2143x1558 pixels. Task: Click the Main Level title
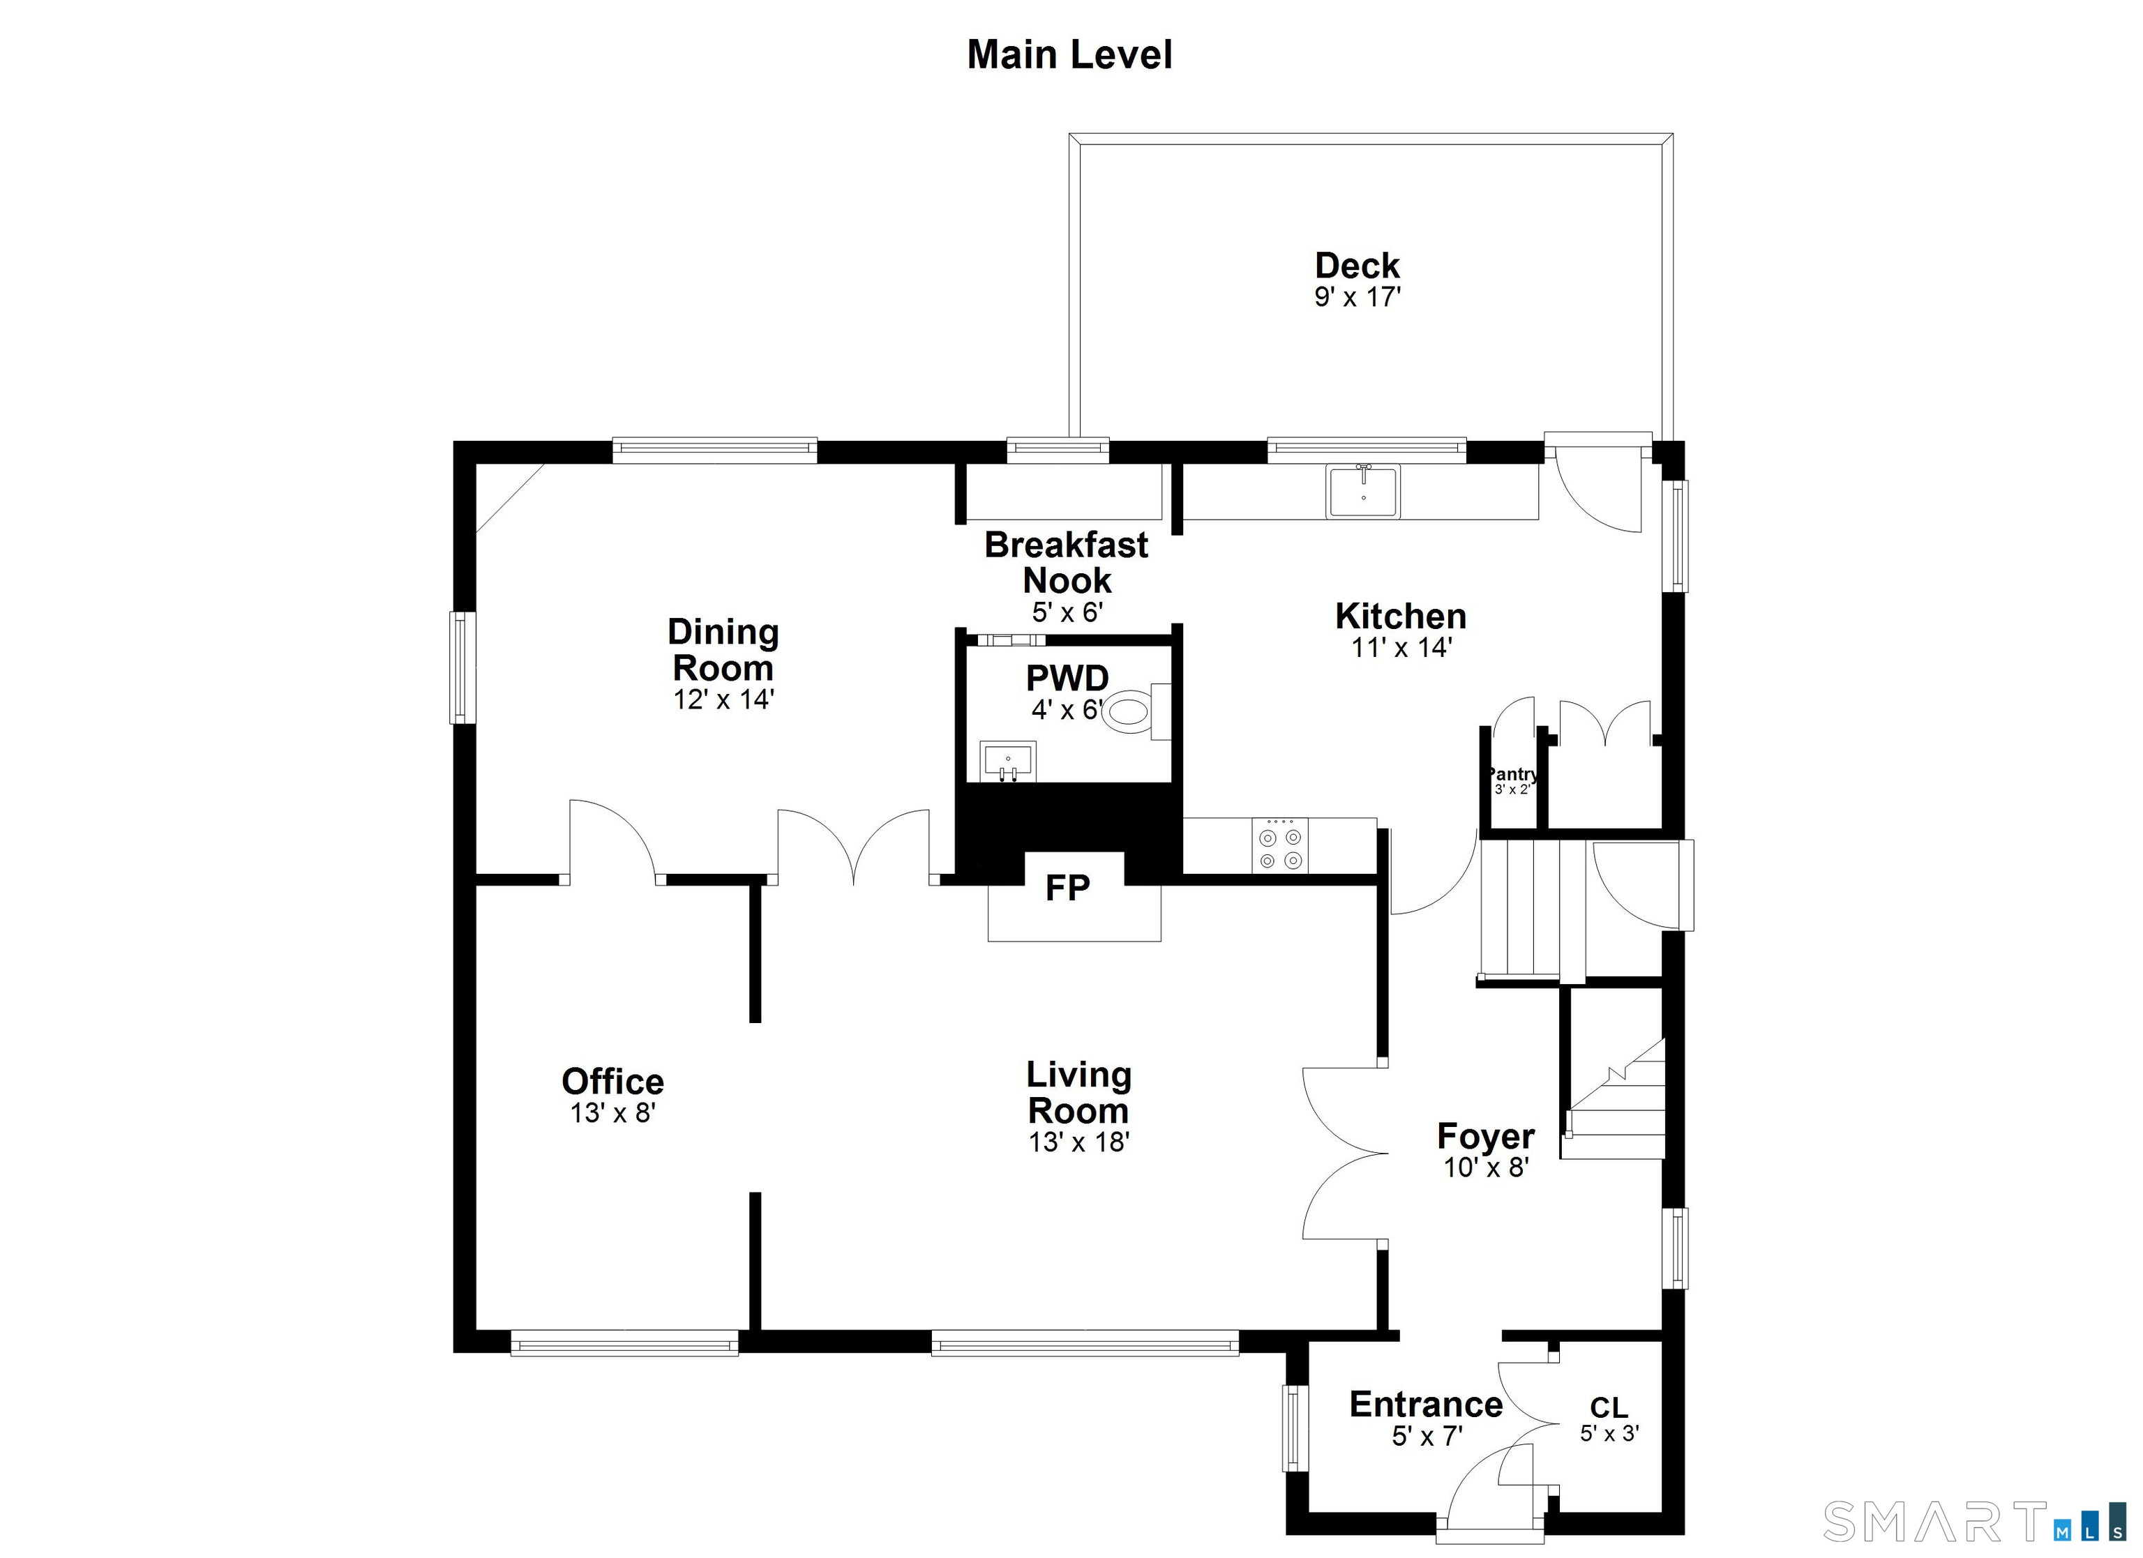click(1069, 55)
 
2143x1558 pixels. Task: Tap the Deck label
click(1357, 266)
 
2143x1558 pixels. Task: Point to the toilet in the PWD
click(1130, 711)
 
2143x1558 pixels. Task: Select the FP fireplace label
click(1068, 888)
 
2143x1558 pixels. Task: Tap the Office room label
click(612, 1082)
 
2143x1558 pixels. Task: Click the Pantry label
click(1512, 775)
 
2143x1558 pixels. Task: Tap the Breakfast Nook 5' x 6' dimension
click(1067, 613)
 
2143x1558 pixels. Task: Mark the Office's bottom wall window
click(624, 1343)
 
